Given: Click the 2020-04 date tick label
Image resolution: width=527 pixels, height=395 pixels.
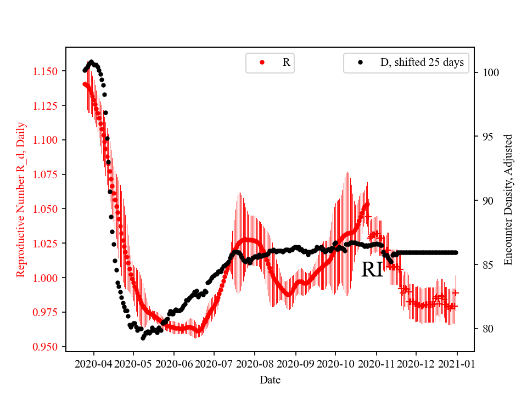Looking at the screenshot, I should tap(93, 363).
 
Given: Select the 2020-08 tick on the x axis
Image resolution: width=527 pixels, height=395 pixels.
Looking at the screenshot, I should tap(255, 363).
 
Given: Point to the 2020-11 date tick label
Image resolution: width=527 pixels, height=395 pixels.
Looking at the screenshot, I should tap(376, 363).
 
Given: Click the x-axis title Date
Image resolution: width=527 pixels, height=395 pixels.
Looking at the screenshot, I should tap(270, 379).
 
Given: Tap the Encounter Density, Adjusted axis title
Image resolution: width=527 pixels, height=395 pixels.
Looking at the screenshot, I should tap(508, 200).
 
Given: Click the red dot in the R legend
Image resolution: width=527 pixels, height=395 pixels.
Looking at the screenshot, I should tap(262, 63).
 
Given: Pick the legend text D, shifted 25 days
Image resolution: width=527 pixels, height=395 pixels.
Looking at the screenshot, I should tap(422, 63).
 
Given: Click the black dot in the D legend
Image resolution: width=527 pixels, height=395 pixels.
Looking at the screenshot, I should tap(360, 63).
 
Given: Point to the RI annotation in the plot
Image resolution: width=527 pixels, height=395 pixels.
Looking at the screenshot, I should tap(372, 270).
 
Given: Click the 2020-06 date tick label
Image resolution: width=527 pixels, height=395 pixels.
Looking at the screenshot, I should tap(174, 363).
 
